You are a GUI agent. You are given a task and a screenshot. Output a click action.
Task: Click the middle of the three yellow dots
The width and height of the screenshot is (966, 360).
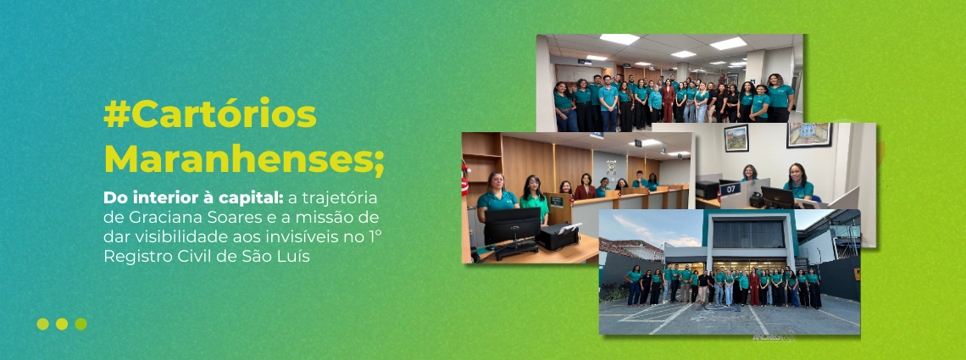point(62,324)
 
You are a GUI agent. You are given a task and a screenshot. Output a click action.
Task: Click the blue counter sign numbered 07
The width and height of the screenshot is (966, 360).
point(730,188)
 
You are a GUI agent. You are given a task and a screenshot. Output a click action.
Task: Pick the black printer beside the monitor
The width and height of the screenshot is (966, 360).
point(558,236)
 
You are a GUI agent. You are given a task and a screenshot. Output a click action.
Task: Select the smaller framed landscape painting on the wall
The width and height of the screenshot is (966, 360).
point(736,138)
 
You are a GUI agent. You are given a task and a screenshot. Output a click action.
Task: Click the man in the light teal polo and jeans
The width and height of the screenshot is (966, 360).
point(608,102)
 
